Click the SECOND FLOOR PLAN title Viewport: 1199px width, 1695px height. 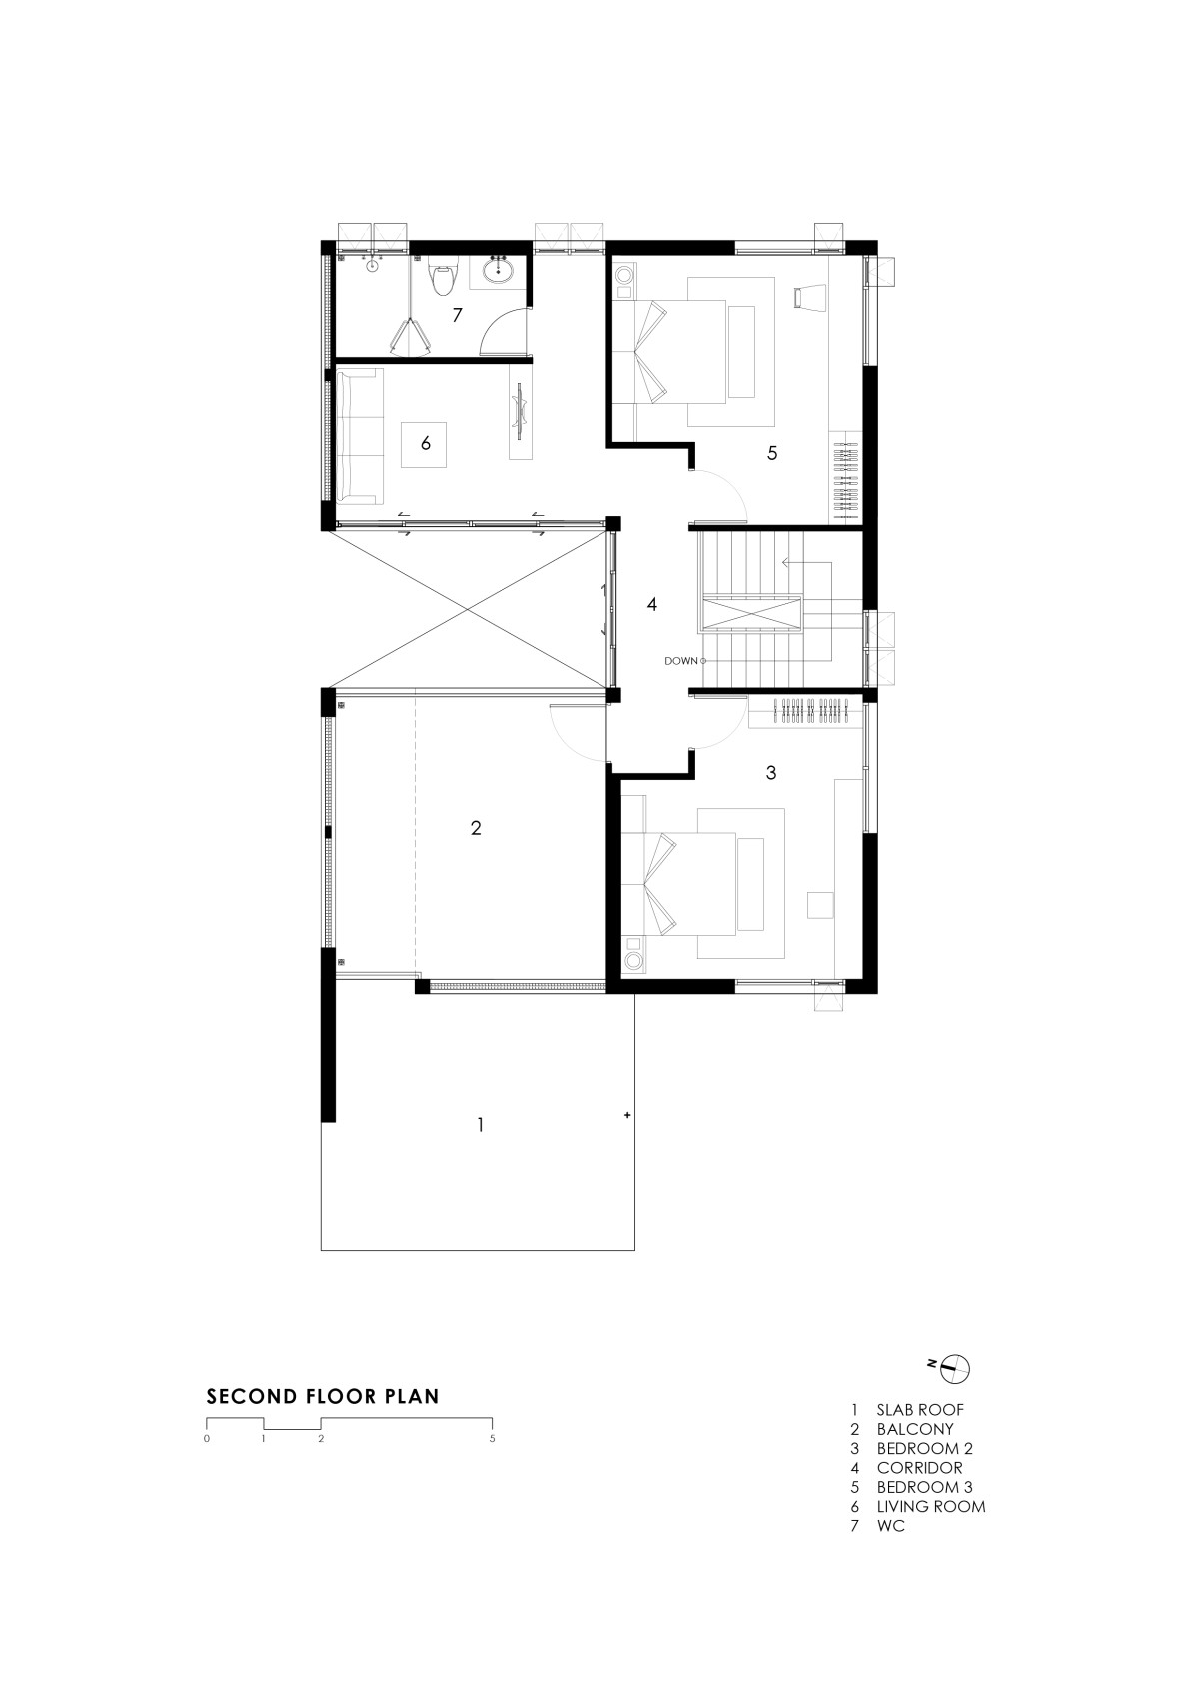[x=323, y=1396]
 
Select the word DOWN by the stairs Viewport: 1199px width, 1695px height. [x=681, y=661]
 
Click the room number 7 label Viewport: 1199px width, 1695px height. [x=458, y=314]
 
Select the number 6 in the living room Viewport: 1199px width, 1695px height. [x=426, y=443]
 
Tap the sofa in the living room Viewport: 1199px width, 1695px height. [x=360, y=435]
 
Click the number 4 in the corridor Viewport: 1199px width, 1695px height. [x=651, y=604]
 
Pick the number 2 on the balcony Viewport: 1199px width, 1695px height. [x=476, y=828]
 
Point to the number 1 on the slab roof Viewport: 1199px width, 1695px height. [x=480, y=1125]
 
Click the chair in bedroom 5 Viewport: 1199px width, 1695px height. [x=804, y=297]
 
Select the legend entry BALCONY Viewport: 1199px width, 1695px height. [x=915, y=1429]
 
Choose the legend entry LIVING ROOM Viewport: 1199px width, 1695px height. [x=931, y=1506]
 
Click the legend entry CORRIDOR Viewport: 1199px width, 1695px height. [x=919, y=1468]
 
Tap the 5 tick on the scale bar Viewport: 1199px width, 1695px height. [x=492, y=1438]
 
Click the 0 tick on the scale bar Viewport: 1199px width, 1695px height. [x=207, y=1438]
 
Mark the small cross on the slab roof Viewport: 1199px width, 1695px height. [x=627, y=1115]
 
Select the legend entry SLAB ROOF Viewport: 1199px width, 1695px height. [x=920, y=1410]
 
